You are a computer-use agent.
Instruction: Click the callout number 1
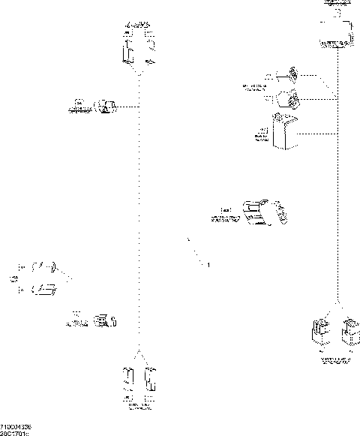click(x=208, y=265)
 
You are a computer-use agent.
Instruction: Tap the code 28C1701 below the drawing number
click(x=15, y=432)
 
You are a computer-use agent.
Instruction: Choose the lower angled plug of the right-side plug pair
click(x=288, y=98)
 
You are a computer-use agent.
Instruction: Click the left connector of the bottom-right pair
click(x=319, y=332)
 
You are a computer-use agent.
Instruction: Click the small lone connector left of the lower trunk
click(x=106, y=322)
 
